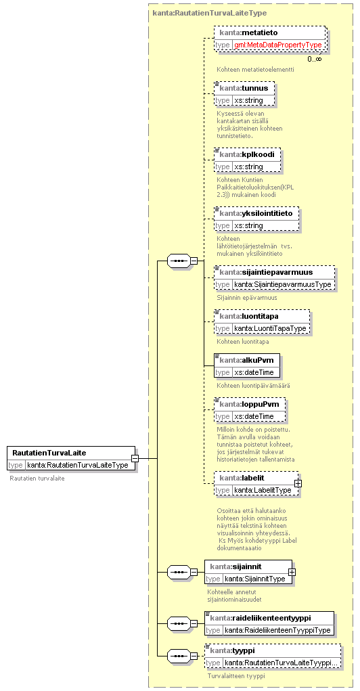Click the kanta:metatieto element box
coord(270,39)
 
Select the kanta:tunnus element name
coord(244,88)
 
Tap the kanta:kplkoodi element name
coord(247,155)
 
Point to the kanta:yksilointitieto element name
coord(256,213)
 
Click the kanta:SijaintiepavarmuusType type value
coord(282,284)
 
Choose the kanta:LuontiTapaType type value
coord(270,328)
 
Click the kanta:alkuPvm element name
coord(246,360)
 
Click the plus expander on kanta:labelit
coord(298,483)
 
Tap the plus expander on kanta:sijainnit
coord(291,572)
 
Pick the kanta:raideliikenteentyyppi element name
coord(267,618)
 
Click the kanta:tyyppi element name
coord(233,650)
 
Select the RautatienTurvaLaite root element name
coord(49,453)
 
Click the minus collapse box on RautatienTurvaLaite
coord(135,458)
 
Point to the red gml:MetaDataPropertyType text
coord(278,45)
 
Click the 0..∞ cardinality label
coord(315,58)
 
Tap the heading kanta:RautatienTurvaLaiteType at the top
coord(209,13)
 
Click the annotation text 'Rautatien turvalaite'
coord(37,478)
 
